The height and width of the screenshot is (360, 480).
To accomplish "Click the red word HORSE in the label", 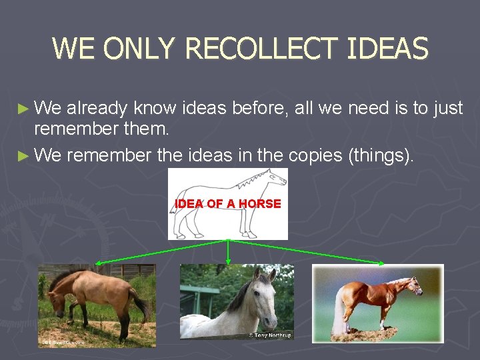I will [260, 204].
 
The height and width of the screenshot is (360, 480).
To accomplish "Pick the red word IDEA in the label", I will [189, 204].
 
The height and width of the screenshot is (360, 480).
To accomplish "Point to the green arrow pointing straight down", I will [229, 251].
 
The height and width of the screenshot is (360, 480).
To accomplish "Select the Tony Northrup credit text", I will [269, 335].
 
